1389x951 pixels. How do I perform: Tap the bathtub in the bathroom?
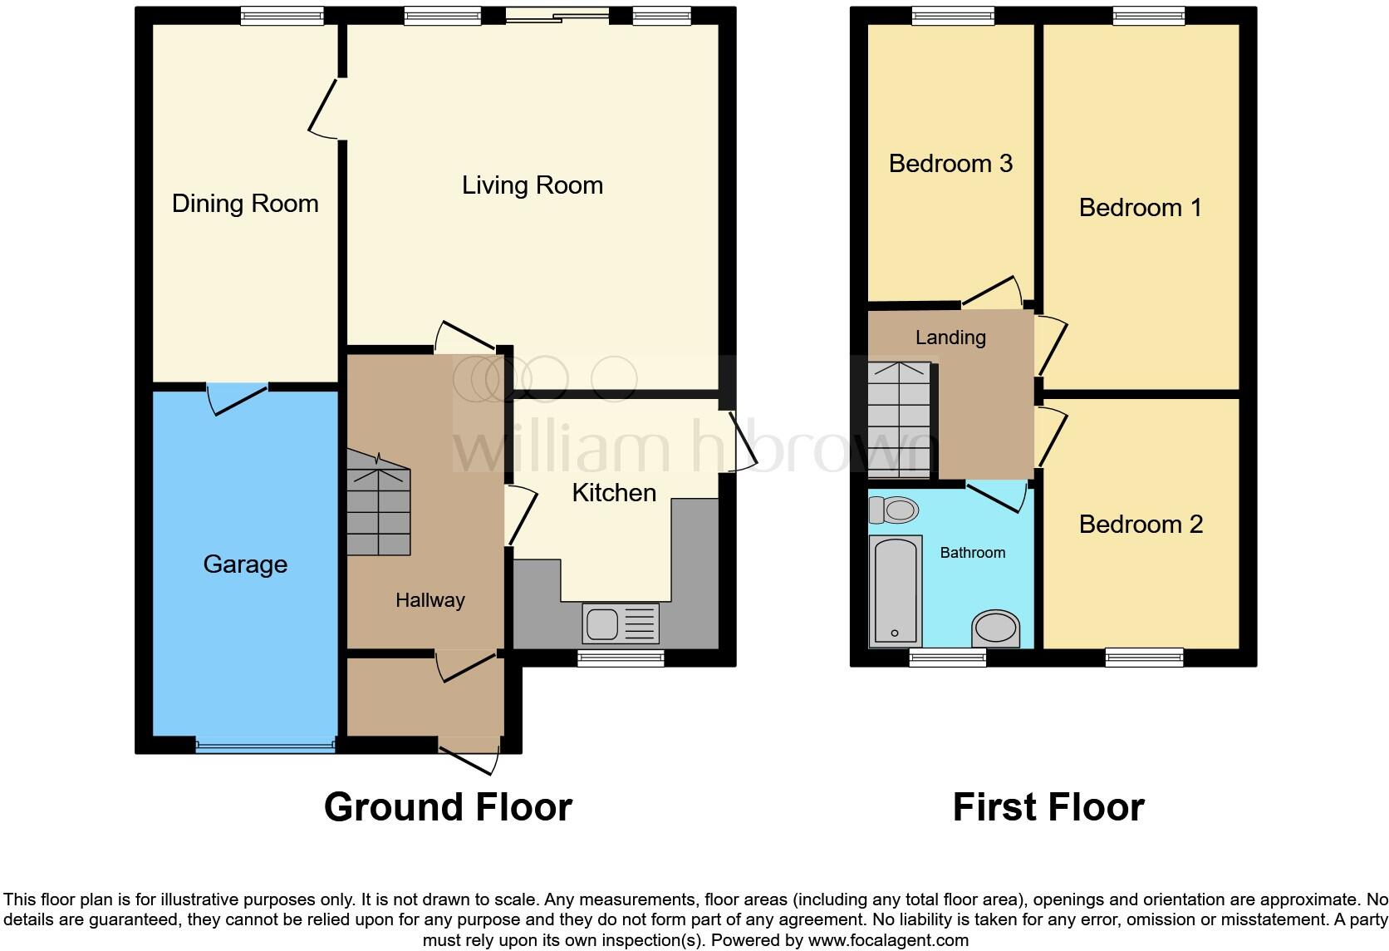pos(895,591)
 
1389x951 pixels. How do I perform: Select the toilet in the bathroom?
pos(892,510)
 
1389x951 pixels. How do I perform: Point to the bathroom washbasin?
pos(995,629)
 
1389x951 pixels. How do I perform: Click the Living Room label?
pos(533,185)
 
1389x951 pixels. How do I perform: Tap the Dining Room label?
pos(245,204)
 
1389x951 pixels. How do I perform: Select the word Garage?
pos(245,564)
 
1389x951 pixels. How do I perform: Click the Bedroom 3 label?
pos(950,164)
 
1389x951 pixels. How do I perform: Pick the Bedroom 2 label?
pos(1141,525)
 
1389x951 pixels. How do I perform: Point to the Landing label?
pos(950,338)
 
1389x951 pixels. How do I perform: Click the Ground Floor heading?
pos(448,807)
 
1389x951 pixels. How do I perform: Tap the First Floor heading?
pos(1048,807)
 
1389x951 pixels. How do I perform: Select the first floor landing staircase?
pos(899,419)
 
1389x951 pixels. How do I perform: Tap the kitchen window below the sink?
pos(621,658)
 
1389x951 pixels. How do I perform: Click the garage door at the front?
pos(265,745)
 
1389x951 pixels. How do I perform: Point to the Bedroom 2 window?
pos(1144,658)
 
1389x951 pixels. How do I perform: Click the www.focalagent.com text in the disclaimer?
pos(888,940)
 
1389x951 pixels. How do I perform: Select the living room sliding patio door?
pos(557,14)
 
